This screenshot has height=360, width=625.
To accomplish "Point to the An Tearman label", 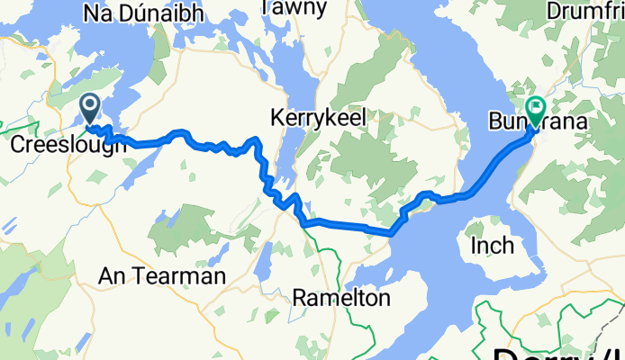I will click(163, 277).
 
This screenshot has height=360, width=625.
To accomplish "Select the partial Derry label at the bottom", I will click(558, 351).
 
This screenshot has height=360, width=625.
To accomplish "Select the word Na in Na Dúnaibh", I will click(96, 13).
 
